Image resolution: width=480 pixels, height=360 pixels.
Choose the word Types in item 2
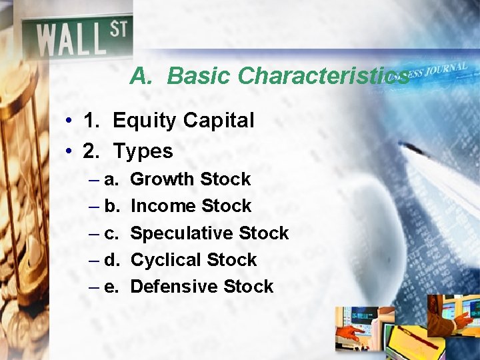click(143, 151)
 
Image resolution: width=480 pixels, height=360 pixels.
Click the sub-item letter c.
click(112, 233)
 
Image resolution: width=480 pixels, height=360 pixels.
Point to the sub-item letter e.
click(112, 287)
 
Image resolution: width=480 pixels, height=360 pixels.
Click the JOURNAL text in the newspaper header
click(443, 69)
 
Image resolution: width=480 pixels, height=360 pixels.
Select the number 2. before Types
click(92, 151)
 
